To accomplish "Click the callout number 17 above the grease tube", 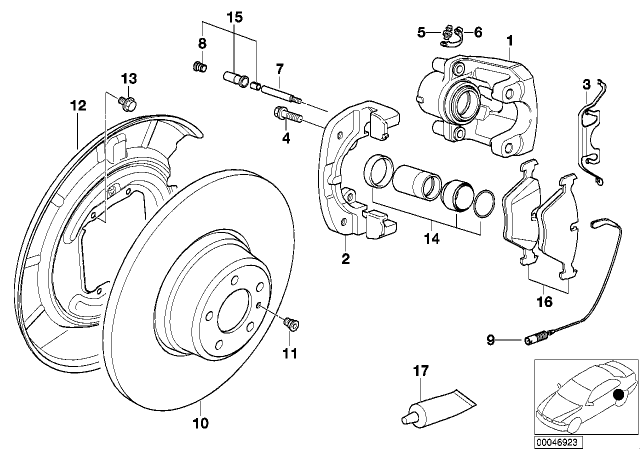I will click(421, 371).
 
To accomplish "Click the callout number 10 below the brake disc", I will click(200, 423).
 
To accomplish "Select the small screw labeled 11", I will click(291, 324).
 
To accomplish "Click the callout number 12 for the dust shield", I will click(78, 105).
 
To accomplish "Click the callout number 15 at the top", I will click(234, 17).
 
